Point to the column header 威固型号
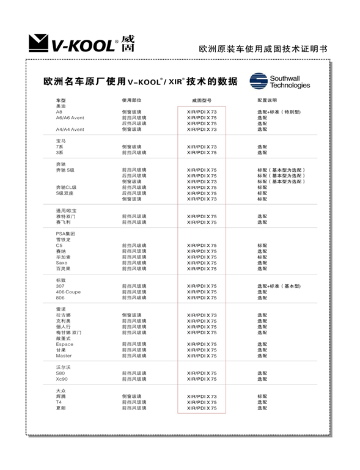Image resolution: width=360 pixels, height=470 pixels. point(202,100)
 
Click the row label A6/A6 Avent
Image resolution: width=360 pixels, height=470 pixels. point(70,117)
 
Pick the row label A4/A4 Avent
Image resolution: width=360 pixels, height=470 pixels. point(70,129)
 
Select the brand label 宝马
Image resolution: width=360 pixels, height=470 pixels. point(61,141)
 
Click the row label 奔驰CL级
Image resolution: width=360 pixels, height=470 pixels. point(66,187)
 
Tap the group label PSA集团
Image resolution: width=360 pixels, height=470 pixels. point(65,233)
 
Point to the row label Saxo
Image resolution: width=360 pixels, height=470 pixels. point(62,263)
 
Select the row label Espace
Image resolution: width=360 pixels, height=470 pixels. point(64,344)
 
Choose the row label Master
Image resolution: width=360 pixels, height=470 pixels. point(64,356)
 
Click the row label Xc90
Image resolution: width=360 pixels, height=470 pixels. point(62,379)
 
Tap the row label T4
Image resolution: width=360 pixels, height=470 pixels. point(59,402)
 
